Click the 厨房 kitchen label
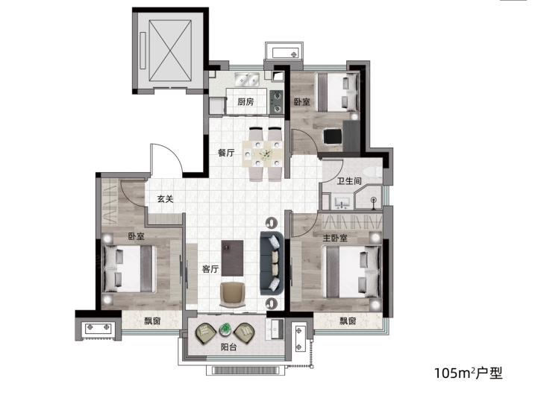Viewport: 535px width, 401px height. point(245,101)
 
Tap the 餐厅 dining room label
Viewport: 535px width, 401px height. point(226,153)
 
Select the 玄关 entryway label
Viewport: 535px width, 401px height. point(166,198)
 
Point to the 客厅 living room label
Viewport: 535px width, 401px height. point(210,269)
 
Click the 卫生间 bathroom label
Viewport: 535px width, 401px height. point(349,180)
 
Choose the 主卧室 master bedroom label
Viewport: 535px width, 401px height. point(335,238)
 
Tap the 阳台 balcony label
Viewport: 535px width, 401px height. point(228,347)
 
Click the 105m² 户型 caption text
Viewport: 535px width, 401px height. point(469,373)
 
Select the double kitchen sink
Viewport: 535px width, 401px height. point(247,80)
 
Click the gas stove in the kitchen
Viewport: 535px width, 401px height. point(276,101)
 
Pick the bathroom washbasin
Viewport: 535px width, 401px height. point(342,202)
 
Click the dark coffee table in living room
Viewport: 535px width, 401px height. point(232,258)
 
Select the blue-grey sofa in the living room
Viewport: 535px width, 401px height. point(272,263)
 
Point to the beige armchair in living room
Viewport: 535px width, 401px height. point(232,294)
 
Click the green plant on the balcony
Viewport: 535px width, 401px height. point(225,329)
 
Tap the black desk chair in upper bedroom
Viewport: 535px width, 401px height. point(332,136)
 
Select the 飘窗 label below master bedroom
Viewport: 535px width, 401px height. point(348,321)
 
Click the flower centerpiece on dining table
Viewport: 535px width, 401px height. point(266,154)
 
